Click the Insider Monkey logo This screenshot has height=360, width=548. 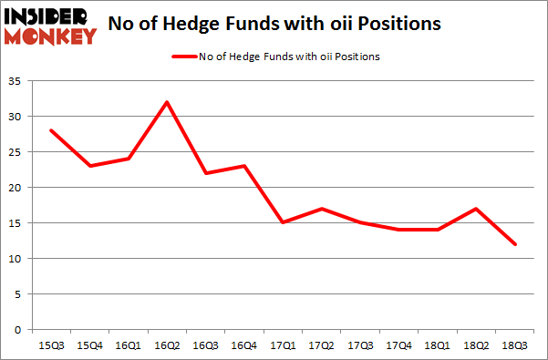51,25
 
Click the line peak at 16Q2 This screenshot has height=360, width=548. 167,101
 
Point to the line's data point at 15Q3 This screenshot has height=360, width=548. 50,130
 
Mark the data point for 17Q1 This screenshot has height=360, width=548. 284,222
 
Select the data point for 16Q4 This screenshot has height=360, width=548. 245,166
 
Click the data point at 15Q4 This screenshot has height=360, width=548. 89,166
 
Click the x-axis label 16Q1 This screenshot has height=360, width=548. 128,345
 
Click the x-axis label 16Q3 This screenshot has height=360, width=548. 206,345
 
